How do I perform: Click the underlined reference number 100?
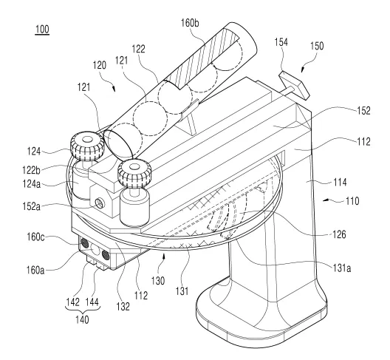point(42,30)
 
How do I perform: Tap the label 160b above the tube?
point(190,23)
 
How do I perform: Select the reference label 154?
point(281,42)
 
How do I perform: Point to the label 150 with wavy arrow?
point(317,46)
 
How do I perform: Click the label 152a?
point(32,206)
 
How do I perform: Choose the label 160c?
point(35,237)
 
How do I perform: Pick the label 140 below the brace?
point(82,319)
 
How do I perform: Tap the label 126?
point(340,234)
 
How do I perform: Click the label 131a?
point(342,268)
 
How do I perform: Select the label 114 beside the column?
point(340,183)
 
